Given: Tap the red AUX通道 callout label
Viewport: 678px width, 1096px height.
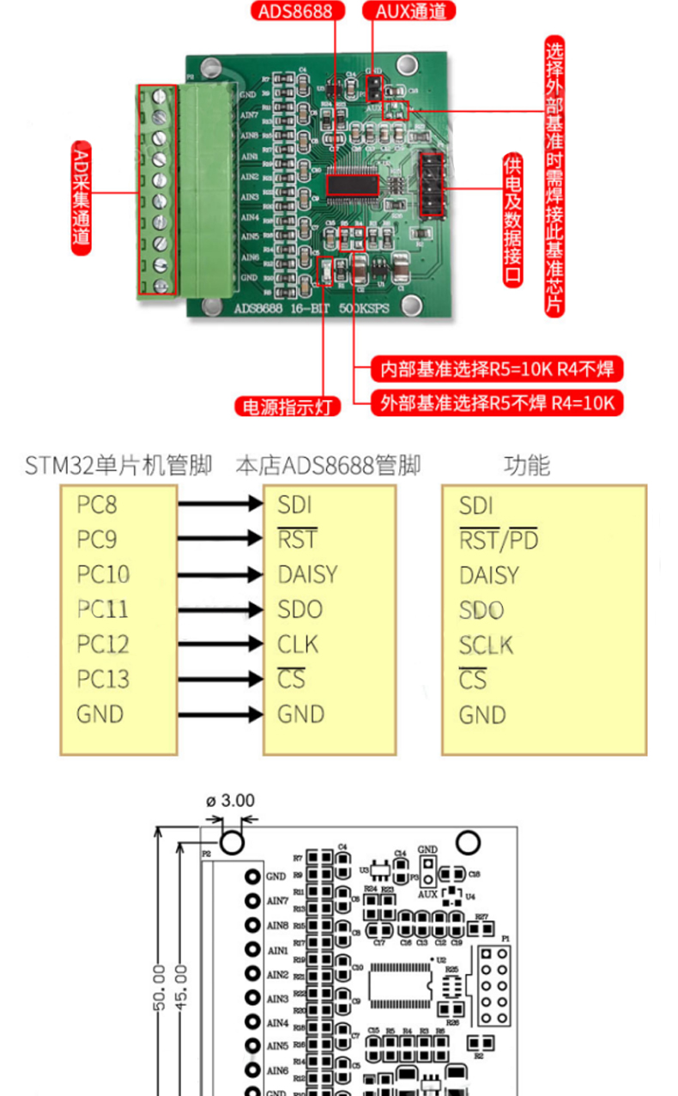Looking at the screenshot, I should click(409, 11).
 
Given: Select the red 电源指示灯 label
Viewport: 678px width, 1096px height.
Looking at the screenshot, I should click(288, 406).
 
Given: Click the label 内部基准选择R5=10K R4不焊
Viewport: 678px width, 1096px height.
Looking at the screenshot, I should click(497, 370).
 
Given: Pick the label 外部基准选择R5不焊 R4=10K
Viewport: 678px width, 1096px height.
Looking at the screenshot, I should click(497, 403).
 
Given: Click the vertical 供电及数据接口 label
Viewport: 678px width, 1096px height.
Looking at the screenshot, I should click(512, 220).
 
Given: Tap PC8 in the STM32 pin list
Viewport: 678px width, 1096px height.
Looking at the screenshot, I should click(96, 504).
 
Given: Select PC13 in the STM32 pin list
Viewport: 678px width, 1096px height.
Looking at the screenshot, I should click(102, 679).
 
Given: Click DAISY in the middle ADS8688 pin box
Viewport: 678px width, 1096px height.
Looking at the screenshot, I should click(307, 574).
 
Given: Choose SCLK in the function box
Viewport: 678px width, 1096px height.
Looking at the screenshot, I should click(485, 645).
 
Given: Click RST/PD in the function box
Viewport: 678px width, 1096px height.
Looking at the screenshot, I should click(499, 540).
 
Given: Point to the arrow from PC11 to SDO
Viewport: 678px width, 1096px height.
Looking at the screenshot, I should click(220, 609).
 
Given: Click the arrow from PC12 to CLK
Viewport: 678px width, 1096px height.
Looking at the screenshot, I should click(220, 645).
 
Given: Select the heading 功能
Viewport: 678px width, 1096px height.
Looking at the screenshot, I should click(526, 466).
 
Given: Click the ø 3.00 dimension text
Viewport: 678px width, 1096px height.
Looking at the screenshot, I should click(230, 801).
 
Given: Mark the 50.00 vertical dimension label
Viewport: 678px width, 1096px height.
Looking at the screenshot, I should click(159, 987).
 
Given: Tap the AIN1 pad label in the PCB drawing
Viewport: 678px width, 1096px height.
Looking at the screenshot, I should click(277, 951).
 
